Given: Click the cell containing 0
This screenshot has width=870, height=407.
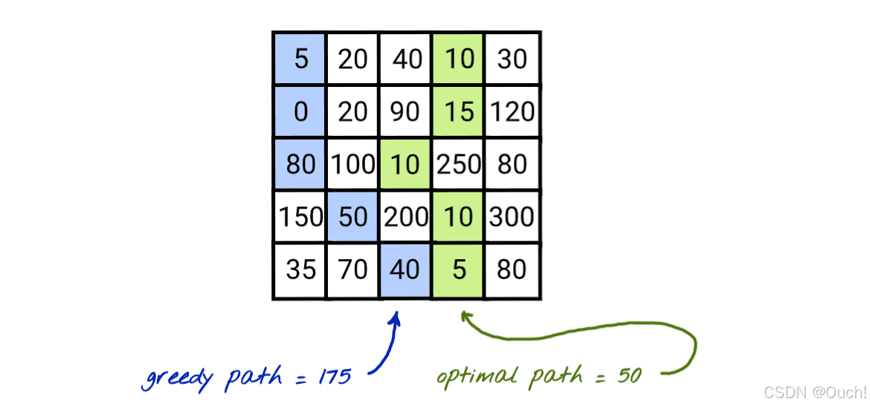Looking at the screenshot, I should pyautogui.click(x=300, y=111).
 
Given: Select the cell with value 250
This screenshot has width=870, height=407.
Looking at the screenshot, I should pyautogui.click(x=459, y=163).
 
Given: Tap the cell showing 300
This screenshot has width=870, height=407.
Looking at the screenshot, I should pyautogui.click(x=512, y=217).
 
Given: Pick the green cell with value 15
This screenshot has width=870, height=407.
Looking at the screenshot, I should pyautogui.click(x=459, y=111).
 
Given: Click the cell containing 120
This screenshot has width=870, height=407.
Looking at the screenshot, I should pyautogui.click(x=512, y=111).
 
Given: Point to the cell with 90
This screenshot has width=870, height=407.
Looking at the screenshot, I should pyautogui.click(x=405, y=111).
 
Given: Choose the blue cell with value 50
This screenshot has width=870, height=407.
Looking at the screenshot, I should pyautogui.click(x=352, y=217).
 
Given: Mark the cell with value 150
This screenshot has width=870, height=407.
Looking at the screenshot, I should pyautogui.click(x=300, y=217).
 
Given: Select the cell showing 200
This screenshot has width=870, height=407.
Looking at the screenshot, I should pyautogui.click(x=405, y=217).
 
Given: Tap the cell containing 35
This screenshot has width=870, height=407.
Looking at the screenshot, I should pyautogui.click(x=300, y=270).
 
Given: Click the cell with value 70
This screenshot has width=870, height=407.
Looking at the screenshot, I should pyautogui.click(x=352, y=270).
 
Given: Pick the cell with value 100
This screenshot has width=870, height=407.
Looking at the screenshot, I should pyautogui.click(x=352, y=163).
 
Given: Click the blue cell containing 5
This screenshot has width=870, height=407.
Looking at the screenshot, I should pyautogui.click(x=300, y=58).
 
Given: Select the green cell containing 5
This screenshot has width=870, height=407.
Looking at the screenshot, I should pyautogui.click(x=459, y=270).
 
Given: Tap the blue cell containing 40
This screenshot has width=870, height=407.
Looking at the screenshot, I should pyautogui.click(x=405, y=270).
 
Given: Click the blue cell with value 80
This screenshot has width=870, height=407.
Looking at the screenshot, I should pyautogui.click(x=300, y=163).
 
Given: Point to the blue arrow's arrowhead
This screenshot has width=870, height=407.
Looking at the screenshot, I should pyautogui.click(x=396, y=317).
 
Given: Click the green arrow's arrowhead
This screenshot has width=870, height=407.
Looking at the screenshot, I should pyautogui.click(x=465, y=316).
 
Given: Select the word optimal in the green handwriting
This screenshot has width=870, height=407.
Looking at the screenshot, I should pyautogui.click(x=476, y=377).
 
